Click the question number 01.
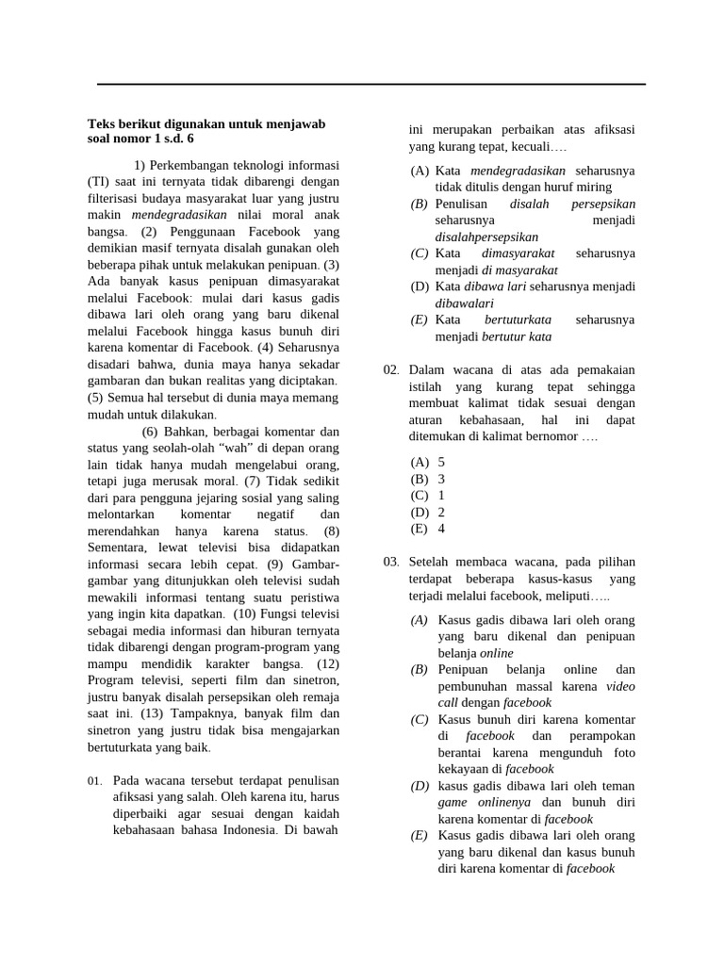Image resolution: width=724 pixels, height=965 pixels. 94,782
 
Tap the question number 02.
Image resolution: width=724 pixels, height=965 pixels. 391,370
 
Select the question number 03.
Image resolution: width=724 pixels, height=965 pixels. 391,562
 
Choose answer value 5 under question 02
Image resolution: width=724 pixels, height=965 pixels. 441,462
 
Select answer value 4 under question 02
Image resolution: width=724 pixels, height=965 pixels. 441,529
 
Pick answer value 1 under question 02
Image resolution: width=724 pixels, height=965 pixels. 441,495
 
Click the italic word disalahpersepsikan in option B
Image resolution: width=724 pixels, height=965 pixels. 486,237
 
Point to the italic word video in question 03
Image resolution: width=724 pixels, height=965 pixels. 620,686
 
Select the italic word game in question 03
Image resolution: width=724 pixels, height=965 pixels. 454,802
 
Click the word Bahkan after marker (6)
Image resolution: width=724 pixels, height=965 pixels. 187,432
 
